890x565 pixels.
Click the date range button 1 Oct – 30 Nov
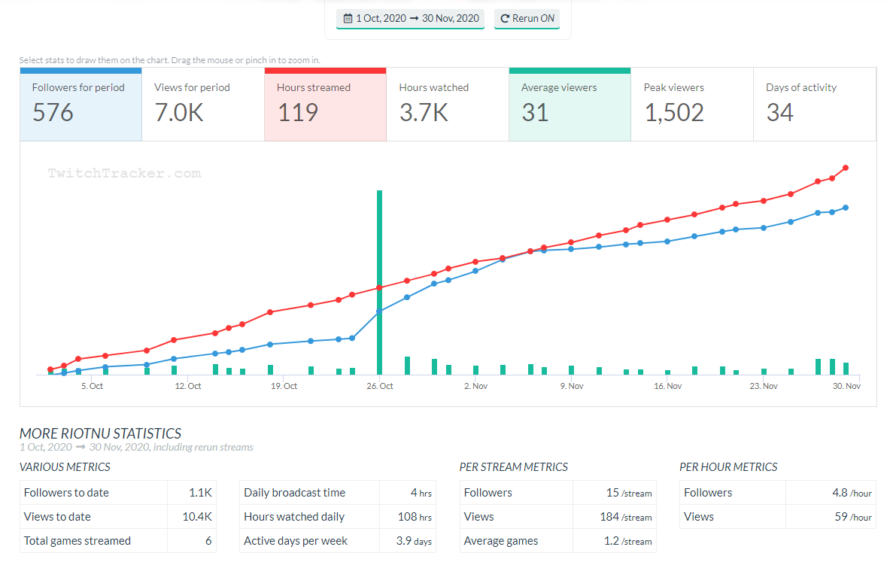point(410,19)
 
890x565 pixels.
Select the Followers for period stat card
point(80,104)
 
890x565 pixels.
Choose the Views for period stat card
point(202,104)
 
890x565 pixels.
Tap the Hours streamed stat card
point(325,104)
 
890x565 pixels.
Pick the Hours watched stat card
point(447,104)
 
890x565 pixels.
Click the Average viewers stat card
point(570,104)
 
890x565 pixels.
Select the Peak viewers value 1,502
point(674,113)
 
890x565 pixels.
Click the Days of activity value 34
point(779,113)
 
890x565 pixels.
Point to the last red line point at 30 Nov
point(846,168)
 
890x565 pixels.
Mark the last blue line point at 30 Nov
point(846,208)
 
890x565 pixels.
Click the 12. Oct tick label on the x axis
point(187,386)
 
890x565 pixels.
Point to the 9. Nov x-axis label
point(572,386)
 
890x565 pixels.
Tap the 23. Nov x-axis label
point(764,386)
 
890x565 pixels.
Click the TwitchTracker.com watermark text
point(124,173)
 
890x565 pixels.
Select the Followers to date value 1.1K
point(201,493)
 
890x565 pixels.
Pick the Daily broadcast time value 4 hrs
point(421,493)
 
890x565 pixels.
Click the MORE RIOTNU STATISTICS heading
point(100,433)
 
